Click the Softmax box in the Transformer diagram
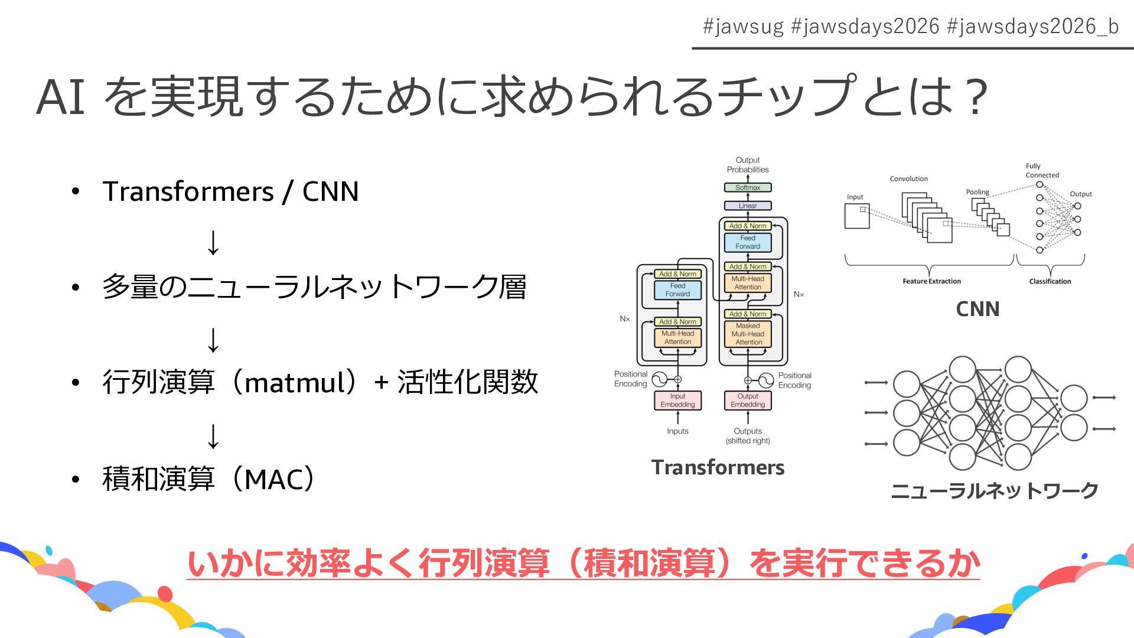(x=748, y=187)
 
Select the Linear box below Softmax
(x=748, y=206)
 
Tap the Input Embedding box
(x=677, y=401)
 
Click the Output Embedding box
(x=748, y=401)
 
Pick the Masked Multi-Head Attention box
(x=748, y=334)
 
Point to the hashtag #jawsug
(x=743, y=27)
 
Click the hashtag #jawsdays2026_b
(x=1032, y=27)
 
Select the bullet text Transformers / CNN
(x=230, y=191)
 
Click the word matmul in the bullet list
(x=295, y=382)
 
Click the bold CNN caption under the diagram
(x=977, y=309)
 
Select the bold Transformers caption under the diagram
(x=718, y=467)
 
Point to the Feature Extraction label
(x=931, y=281)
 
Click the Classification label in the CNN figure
(x=1050, y=281)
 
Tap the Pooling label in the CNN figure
(x=977, y=192)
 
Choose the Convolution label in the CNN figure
(x=908, y=178)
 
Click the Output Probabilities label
(x=748, y=165)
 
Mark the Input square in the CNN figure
(x=857, y=216)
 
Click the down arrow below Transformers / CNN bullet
(x=213, y=243)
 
